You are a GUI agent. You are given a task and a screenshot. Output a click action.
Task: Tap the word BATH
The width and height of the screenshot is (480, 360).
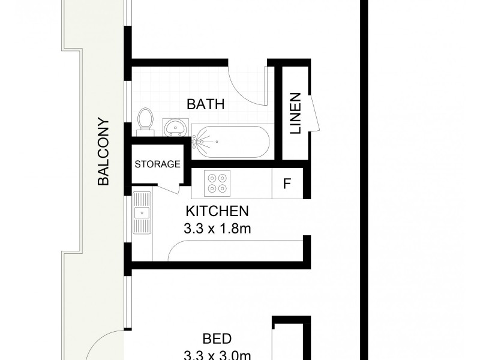coord(205,104)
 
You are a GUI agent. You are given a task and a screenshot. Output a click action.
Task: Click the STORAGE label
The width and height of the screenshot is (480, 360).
coord(157,164)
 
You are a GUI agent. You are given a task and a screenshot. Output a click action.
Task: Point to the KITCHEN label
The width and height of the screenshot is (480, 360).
coord(217,211)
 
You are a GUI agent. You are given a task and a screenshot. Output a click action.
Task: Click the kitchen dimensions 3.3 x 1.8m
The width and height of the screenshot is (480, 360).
coord(217,229)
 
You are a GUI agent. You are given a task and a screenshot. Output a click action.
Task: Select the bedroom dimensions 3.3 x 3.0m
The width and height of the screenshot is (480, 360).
coord(217,354)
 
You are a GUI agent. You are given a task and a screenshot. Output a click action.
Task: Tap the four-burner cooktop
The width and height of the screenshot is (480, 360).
coord(217,183)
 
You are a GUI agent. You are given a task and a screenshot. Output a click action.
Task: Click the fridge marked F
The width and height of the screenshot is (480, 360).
coord(287,184)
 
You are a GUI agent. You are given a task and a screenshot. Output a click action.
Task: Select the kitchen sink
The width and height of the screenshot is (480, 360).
coord(142,211)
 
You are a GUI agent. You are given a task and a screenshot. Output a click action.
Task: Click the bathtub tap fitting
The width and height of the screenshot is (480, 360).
coord(196,142)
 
